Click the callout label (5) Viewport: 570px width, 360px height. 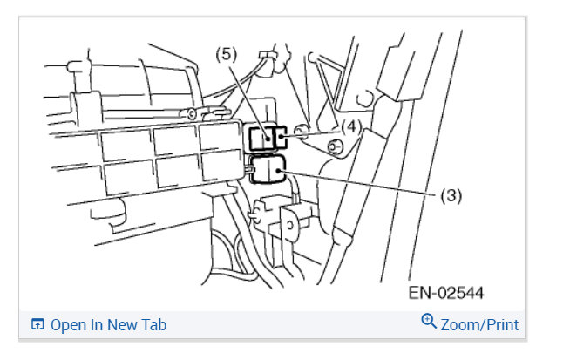tap(226, 55)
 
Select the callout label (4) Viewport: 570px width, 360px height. tap(351, 127)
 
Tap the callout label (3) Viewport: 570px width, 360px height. tap(451, 195)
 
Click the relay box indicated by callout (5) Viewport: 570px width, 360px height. tap(261, 139)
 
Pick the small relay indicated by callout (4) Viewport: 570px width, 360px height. tap(281, 137)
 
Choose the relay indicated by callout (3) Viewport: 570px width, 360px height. tap(268, 169)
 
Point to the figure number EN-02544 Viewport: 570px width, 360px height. tap(446, 293)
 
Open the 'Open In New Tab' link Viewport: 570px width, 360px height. tap(108, 325)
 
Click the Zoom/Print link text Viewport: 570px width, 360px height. tap(479, 325)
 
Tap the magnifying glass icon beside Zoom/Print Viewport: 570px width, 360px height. tap(429, 322)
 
